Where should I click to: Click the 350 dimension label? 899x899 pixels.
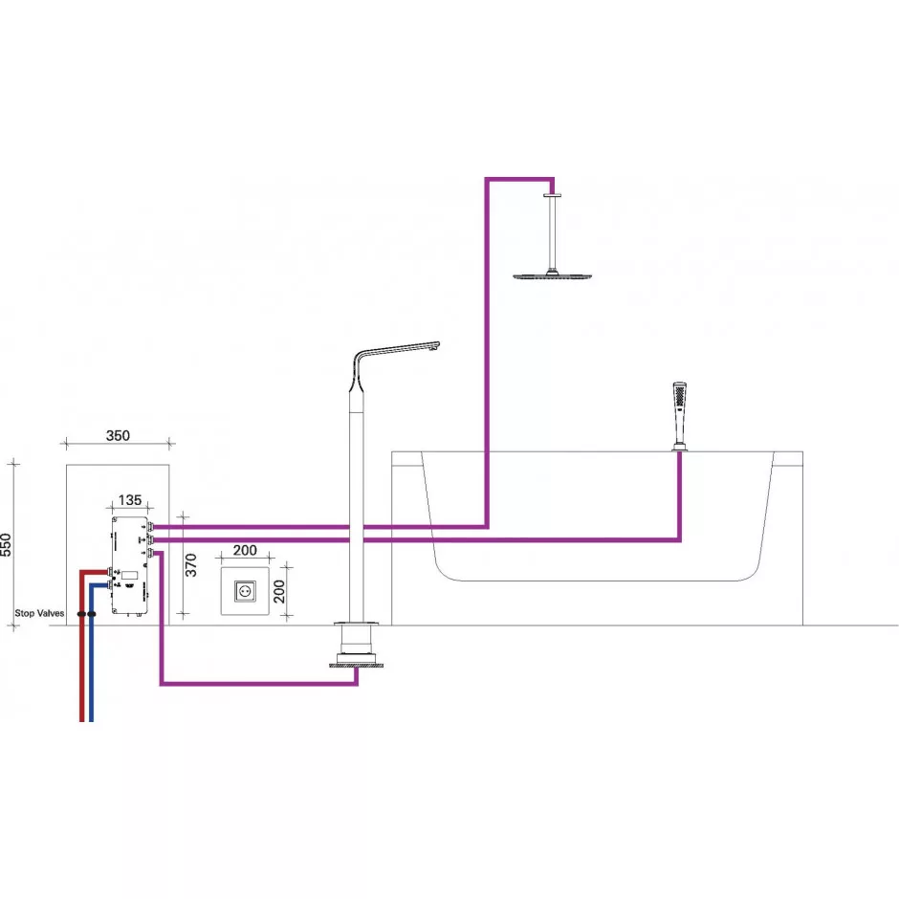pyautogui.click(x=118, y=435)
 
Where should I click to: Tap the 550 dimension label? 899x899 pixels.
pyautogui.click(x=6, y=545)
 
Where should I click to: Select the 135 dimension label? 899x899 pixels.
pyautogui.click(x=130, y=500)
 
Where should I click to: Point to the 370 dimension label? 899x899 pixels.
pyautogui.click(x=191, y=564)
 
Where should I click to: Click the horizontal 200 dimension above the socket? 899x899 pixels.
pyautogui.click(x=245, y=550)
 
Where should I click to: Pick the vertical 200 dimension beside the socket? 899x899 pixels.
pyautogui.click(x=278, y=591)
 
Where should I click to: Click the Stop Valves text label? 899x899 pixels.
pyautogui.click(x=39, y=613)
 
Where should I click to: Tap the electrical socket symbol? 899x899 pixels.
pyautogui.click(x=245, y=590)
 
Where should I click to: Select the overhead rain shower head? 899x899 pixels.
pyautogui.click(x=552, y=275)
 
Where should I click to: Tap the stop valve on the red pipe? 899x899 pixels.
pyautogui.click(x=82, y=614)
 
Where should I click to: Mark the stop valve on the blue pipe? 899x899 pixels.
pyautogui.click(x=92, y=614)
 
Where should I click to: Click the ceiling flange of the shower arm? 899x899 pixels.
pyautogui.click(x=552, y=195)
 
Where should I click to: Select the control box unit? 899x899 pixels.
pyautogui.click(x=130, y=565)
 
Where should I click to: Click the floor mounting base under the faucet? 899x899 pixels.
pyautogui.click(x=356, y=665)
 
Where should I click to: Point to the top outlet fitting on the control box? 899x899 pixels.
pyautogui.click(x=151, y=526)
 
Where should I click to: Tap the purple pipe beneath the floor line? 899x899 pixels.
pyautogui.click(x=258, y=683)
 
